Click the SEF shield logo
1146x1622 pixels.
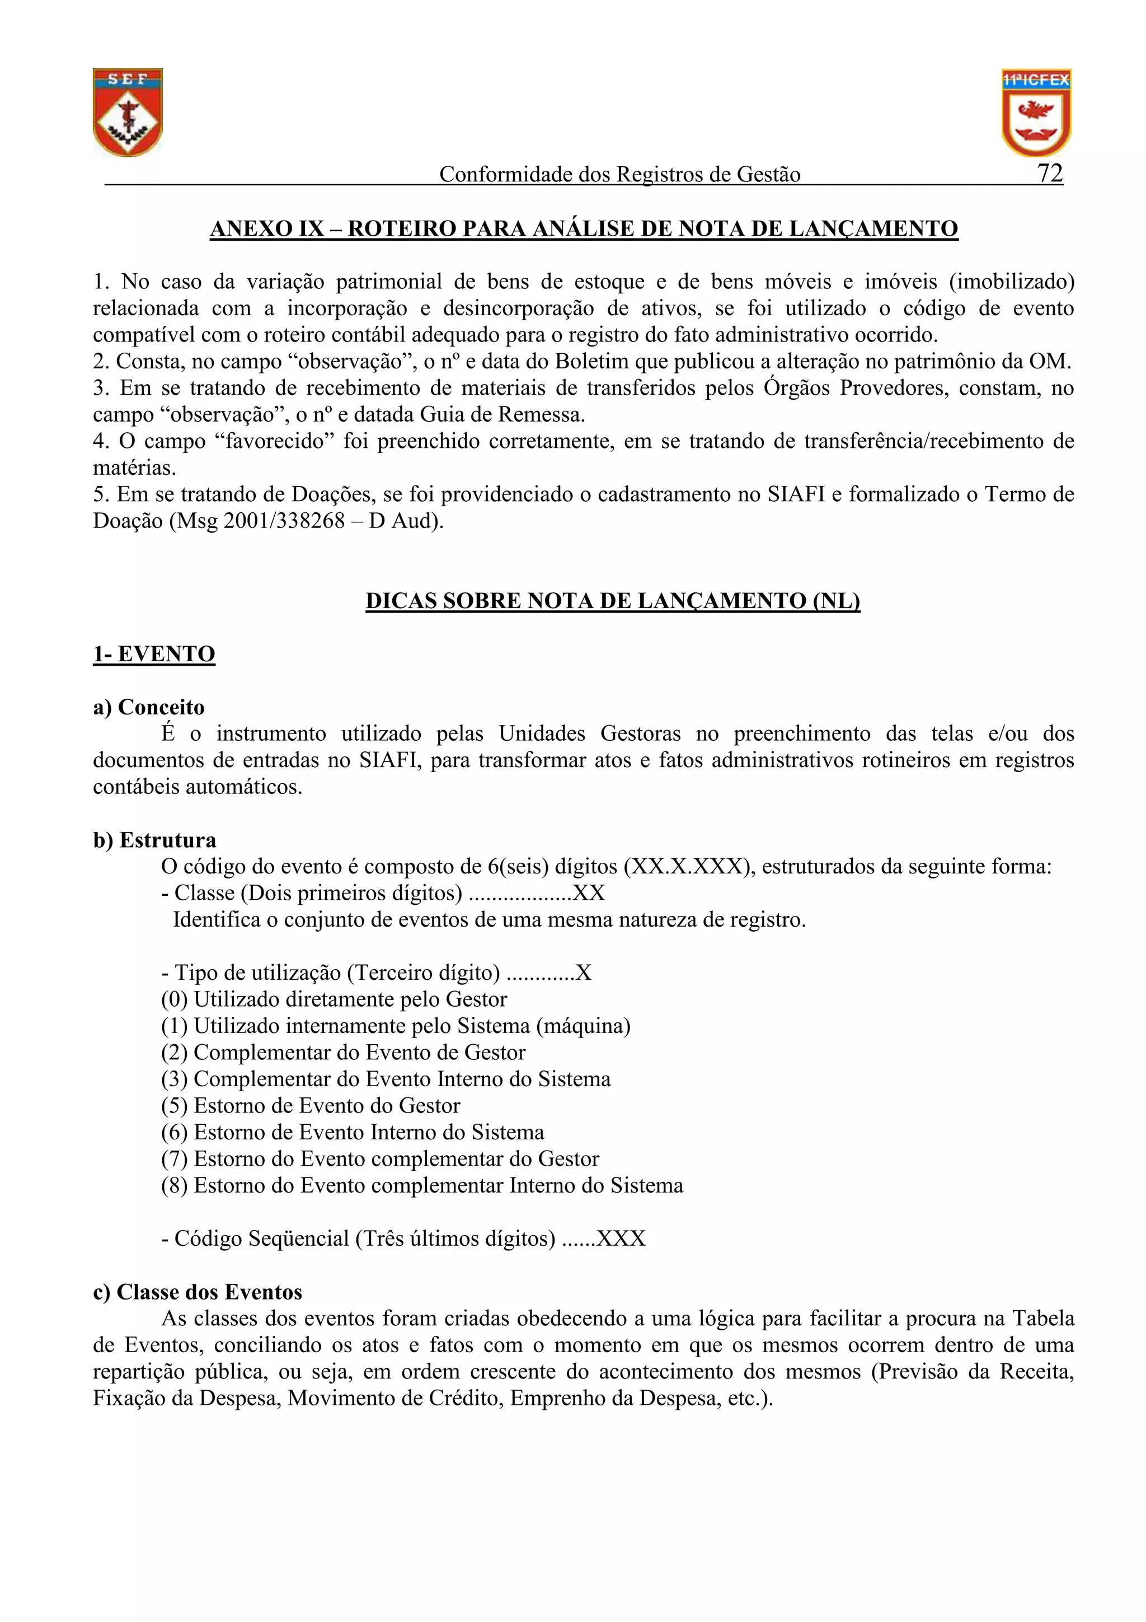coord(128,113)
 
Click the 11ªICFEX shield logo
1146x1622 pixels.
coord(1036,113)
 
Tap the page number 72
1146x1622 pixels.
coord(1050,173)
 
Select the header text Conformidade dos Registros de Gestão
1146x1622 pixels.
coord(619,175)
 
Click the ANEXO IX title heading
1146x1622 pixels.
coord(584,229)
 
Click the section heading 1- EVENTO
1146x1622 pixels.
coord(154,654)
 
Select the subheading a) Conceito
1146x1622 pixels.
coord(148,707)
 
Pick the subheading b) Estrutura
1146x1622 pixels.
coord(154,840)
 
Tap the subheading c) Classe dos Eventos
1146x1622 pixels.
coord(197,1292)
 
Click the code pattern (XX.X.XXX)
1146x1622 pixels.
coord(690,867)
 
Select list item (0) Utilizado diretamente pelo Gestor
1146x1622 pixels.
coord(334,999)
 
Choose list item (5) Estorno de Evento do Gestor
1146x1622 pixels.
coord(311,1106)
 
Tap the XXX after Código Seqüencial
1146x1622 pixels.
coord(621,1238)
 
